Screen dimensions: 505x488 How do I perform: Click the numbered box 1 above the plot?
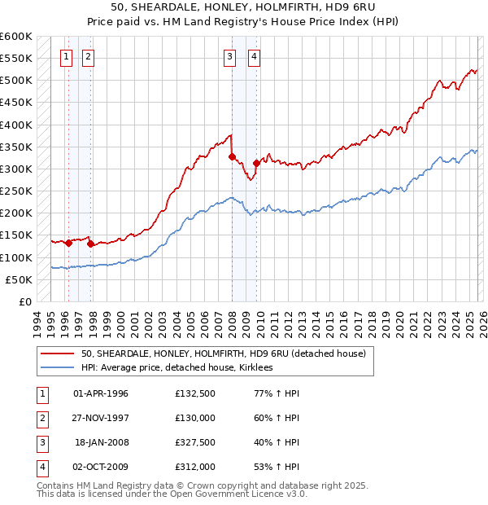pyautogui.click(x=66, y=56)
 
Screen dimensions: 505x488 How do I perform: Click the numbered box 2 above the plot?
pyautogui.click(x=88, y=56)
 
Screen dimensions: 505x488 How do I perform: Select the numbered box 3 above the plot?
pyautogui.click(x=230, y=56)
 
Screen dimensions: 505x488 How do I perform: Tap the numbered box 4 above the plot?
pyautogui.click(x=255, y=56)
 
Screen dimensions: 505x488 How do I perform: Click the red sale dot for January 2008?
pyautogui.click(x=232, y=156)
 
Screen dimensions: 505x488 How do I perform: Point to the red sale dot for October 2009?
pyautogui.click(x=256, y=163)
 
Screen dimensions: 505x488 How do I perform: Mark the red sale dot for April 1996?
pyautogui.click(x=68, y=243)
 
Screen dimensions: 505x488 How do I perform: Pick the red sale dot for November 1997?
pyautogui.click(x=91, y=244)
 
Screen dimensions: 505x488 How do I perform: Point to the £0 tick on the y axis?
pyautogui.click(x=26, y=301)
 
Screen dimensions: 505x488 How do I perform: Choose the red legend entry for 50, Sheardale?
pyautogui.click(x=223, y=353)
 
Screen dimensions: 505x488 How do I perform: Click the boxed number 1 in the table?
pyautogui.click(x=41, y=393)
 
